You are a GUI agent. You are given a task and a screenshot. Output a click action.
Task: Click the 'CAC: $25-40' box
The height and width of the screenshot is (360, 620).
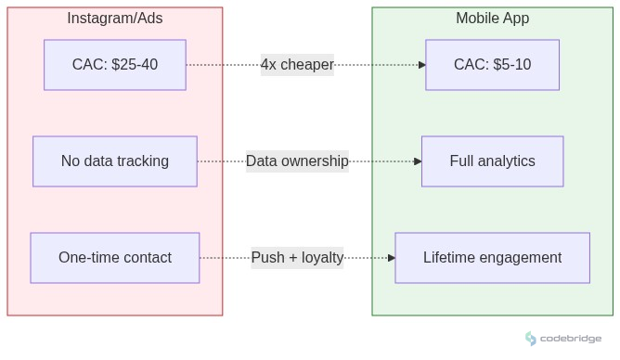click(115, 65)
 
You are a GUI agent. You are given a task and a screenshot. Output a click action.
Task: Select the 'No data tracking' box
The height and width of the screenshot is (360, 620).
click(115, 161)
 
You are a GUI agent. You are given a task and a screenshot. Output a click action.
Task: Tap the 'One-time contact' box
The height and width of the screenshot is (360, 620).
click(115, 258)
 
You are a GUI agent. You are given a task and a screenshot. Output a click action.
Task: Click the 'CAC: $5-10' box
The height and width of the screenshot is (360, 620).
click(492, 65)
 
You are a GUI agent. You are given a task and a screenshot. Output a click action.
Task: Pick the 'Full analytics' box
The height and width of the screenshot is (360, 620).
click(492, 161)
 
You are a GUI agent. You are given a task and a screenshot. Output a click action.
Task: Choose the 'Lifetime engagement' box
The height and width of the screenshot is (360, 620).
click(492, 258)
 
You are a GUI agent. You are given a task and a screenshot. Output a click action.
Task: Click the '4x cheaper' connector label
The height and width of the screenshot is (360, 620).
click(297, 65)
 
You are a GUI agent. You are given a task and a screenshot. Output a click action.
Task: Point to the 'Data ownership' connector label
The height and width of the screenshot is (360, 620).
click(297, 161)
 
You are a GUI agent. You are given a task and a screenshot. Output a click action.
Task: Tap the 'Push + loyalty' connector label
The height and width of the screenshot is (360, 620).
click(297, 258)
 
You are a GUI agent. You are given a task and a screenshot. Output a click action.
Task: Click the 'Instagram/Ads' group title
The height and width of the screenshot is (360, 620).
click(115, 19)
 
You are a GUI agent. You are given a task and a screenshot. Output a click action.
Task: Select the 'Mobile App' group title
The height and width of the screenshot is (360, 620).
click(492, 19)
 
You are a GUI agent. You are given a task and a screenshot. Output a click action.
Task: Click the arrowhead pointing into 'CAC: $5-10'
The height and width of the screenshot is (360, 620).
click(421, 65)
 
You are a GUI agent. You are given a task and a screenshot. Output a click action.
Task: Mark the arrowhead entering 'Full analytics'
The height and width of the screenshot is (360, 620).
click(418, 161)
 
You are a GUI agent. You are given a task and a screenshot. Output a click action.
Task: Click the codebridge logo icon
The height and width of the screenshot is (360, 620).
click(531, 339)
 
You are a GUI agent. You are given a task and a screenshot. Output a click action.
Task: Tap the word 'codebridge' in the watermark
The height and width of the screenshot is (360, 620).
click(570, 340)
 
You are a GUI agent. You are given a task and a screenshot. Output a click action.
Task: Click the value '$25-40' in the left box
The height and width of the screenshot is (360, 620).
click(136, 65)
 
